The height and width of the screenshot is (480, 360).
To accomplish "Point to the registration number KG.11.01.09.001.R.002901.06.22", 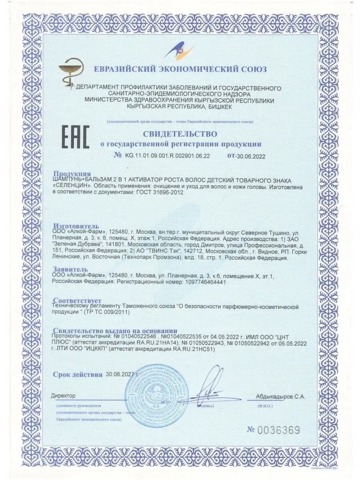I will tap(167, 156).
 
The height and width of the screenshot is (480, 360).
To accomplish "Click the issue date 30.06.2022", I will tap(251, 156).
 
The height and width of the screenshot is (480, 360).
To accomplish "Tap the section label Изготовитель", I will tap(76, 226).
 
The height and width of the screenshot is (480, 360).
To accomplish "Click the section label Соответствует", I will tap(77, 300).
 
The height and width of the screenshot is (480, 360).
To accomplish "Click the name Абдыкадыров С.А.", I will tap(280, 397).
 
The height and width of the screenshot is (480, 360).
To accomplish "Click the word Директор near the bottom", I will tap(63, 396).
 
